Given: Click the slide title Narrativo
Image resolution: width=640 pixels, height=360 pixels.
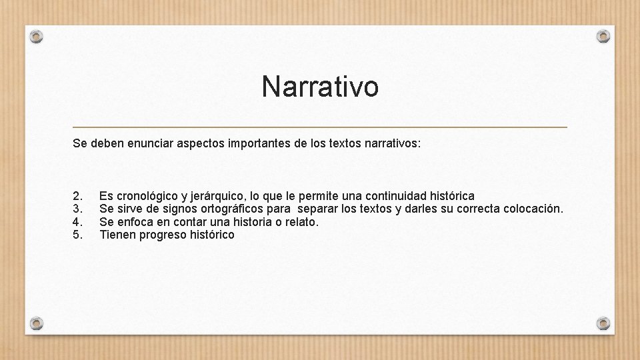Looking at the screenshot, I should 320,87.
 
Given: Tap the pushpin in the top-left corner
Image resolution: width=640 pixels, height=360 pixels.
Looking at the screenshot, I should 37,35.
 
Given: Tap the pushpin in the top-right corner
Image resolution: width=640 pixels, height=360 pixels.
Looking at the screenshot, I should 603,35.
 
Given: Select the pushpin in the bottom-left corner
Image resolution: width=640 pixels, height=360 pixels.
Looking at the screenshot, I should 37,323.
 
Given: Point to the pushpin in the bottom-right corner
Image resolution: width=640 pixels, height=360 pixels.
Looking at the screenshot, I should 603,323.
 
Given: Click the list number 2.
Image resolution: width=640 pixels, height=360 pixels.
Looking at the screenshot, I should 77,196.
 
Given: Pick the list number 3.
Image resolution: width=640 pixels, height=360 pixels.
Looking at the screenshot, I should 77,209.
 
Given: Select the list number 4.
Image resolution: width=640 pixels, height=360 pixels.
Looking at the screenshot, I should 77,222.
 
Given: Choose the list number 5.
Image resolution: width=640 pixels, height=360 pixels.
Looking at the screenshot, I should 77,235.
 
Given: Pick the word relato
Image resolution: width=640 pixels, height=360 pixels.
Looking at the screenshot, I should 302,222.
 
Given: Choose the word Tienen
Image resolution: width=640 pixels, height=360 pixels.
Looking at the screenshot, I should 117,235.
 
